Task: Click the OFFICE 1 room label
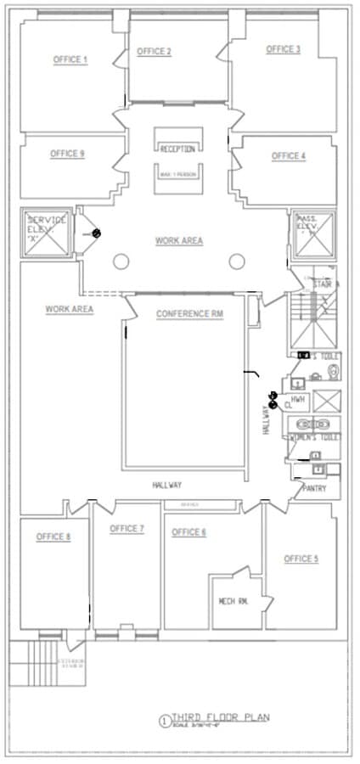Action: tap(70, 59)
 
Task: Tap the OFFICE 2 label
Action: tap(154, 52)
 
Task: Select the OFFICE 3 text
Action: tap(283, 49)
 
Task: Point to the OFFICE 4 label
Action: tap(288, 156)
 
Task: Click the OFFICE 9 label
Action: tap(67, 154)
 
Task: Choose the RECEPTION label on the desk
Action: tap(177, 149)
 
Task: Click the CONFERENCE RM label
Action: tap(189, 314)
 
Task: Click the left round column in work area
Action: tap(121, 261)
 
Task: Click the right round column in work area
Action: tap(238, 261)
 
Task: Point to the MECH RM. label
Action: tap(233, 600)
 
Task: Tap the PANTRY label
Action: tap(315, 489)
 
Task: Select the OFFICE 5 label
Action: tap(301, 559)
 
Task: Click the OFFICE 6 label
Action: tap(188, 532)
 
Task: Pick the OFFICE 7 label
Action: tap(127, 529)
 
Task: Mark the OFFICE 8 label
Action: tap(53, 536)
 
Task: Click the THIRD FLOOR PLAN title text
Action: tap(221, 717)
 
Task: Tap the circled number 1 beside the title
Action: tap(164, 721)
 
